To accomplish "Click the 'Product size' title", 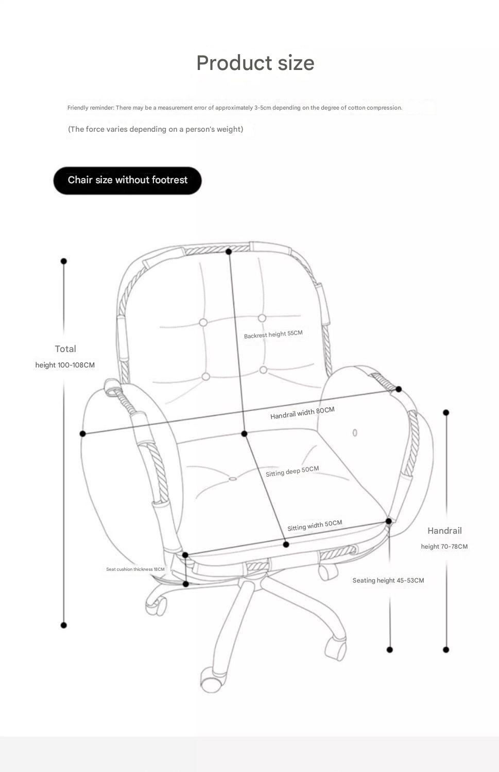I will point(255,63).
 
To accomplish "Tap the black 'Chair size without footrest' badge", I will point(127,180).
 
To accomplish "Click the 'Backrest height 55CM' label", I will point(273,335).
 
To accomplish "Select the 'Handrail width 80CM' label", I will point(302,413).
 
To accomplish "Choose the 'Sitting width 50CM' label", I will point(314,525).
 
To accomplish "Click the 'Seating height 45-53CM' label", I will point(388,581).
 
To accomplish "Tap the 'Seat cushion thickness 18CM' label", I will point(135,569).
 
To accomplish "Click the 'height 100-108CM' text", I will point(65,365).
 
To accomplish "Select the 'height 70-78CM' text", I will point(444,547).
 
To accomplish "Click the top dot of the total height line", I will point(64,261).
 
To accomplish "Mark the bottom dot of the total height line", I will point(64,625).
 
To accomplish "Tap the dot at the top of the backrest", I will point(229,252).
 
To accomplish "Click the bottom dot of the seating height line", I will point(390,650).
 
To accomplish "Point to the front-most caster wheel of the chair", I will point(211,682).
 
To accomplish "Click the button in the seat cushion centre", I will point(233,479).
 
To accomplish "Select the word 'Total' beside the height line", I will point(65,349).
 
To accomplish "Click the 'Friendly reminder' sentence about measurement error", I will point(234,108).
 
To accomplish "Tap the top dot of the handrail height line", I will point(446,413).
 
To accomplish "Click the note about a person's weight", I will point(156,129).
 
